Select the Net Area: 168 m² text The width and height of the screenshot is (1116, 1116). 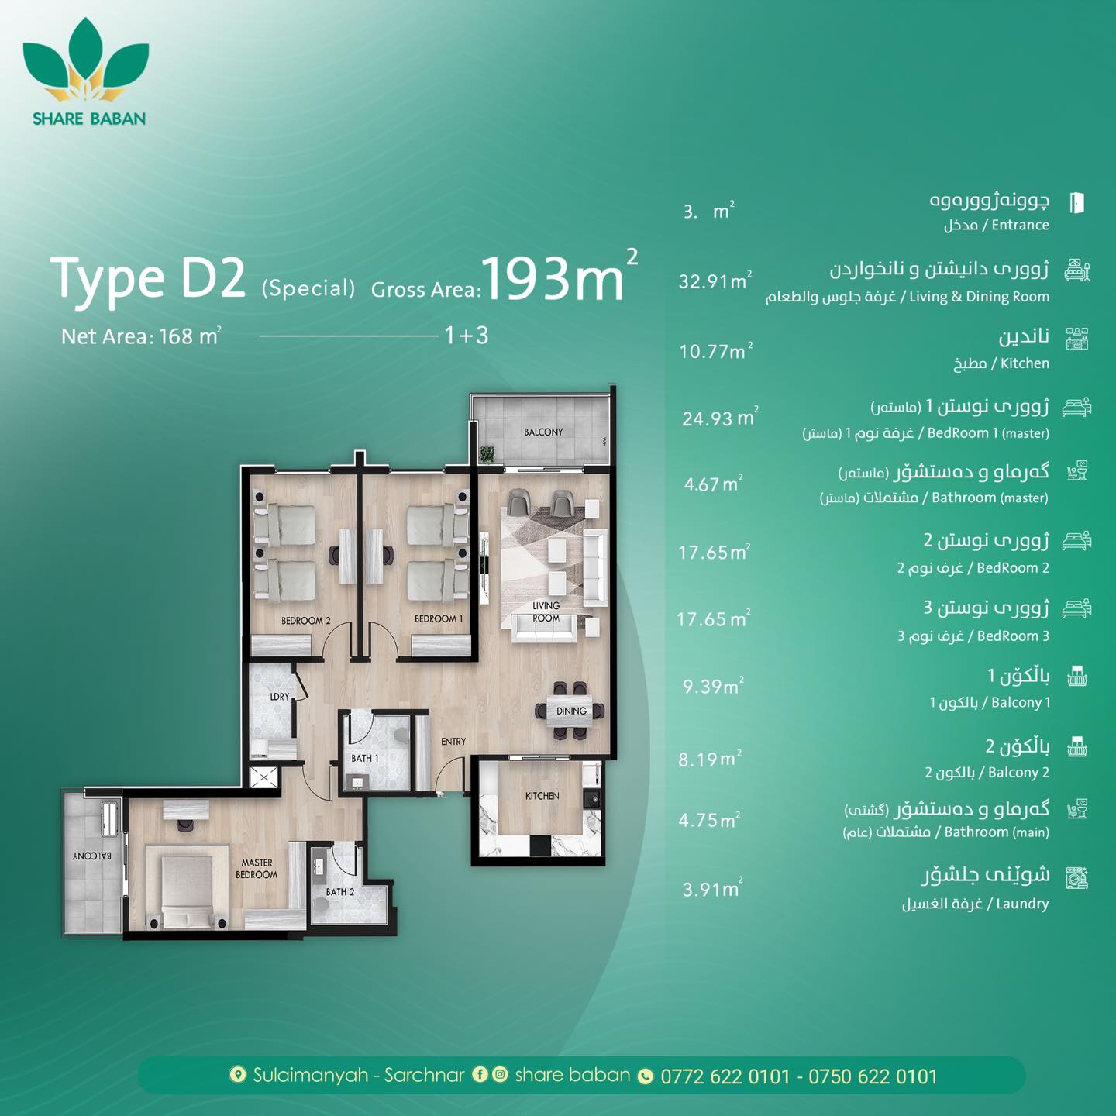click(x=141, y=336)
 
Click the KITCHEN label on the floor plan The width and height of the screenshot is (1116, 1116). click(x=542, y=796)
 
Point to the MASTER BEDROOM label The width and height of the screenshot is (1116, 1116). click(x=257, y=868)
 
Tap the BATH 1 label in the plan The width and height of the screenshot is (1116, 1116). click(x=365, y=758)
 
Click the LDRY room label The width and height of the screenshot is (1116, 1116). click(x=280, y=697)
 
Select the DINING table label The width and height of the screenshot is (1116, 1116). click(x=572, y=711)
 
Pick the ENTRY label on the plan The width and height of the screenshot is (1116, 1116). click(x=453, y=742)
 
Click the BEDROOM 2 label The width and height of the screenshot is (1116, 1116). click(x=306, y=621)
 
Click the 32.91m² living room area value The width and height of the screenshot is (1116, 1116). click(x=715, y=281)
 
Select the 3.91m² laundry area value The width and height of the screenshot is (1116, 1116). click(x=712, y=888)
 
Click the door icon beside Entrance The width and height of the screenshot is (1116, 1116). click(x=1076, y=202)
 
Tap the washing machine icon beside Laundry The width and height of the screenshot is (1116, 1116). click(x=1077, y=877)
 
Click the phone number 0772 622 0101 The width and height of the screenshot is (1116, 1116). click(x=725, y=1076)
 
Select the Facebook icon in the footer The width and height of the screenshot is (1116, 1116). click(x=480, y=1074)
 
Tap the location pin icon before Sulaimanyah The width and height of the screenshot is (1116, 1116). click(x=237, y=1075)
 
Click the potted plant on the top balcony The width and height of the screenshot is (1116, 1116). click(x=487, y=453)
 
